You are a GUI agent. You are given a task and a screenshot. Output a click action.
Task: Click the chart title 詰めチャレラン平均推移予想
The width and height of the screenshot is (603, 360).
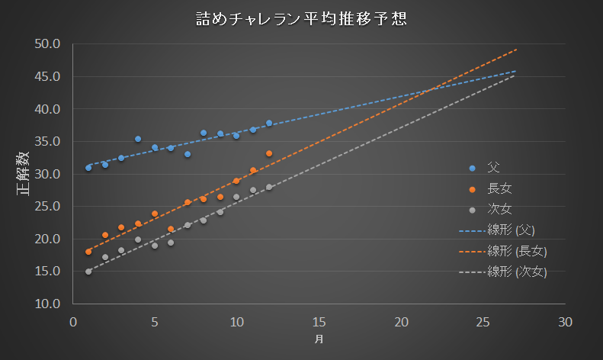point(300,19)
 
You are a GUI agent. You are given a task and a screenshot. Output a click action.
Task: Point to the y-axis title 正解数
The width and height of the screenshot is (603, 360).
point(24,173)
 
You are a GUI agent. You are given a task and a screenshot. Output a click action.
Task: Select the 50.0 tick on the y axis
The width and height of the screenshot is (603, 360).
point(47,44)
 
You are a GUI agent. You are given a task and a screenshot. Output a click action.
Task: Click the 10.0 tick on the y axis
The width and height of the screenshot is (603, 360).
point(47,304)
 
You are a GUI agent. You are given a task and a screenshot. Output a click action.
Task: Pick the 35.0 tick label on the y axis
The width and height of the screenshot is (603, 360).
point(47,142)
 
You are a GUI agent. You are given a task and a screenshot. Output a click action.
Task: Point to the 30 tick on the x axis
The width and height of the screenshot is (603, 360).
point(564,322)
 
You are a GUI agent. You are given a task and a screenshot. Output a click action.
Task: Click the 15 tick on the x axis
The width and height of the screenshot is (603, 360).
point(319,322)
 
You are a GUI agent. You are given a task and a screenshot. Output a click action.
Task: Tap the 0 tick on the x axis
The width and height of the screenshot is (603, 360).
point(73,322)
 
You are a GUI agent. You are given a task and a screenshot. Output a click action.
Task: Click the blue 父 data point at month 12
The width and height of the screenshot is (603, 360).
point(269,124)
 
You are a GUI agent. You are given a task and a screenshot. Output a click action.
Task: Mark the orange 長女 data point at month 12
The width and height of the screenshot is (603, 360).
point(269,153)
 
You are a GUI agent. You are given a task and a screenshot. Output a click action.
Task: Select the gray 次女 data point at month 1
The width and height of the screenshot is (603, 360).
point(88,272)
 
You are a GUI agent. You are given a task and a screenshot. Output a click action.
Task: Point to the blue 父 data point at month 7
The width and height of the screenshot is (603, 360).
point(188,154)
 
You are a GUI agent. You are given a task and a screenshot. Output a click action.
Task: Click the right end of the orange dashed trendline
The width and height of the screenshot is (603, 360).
point(516,50)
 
